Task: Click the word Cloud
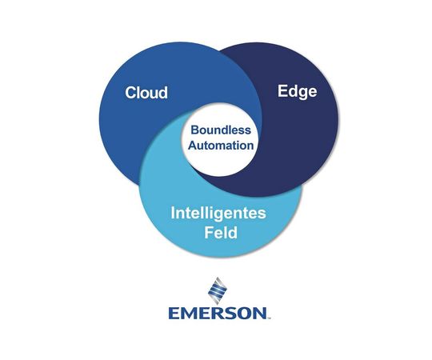click(146, 93)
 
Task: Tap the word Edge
click(297, 91)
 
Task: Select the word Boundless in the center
click(221, 130)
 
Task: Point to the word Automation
click(221, 146)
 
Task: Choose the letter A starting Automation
click(191, 146)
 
